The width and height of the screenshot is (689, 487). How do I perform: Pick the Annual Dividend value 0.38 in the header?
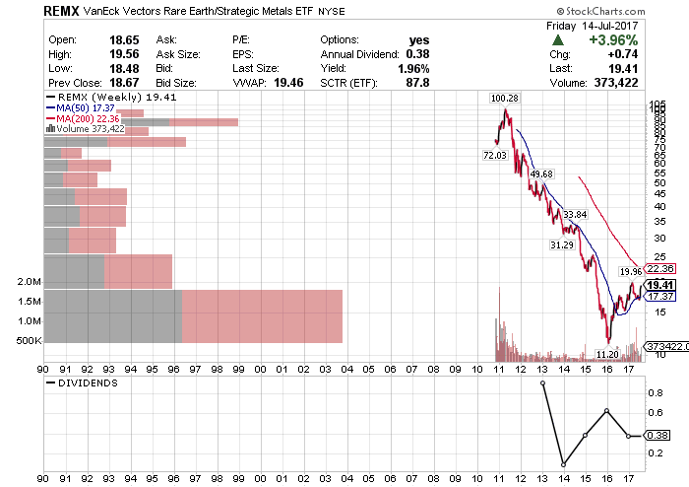pyautogui.click(x=418, y=54)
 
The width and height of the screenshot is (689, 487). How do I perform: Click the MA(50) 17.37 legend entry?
pyautogui.click(x=82, y=108)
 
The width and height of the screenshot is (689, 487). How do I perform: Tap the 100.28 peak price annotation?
pyautogui.click(x=505, y=99)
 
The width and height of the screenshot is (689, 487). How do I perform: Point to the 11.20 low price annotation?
pyautogui.click(x=607, y=352)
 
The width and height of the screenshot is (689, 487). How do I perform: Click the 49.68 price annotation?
pyautogui.click(x=541, y=174)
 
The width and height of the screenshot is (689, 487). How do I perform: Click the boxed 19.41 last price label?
pyautogui.click(x=658, y=284)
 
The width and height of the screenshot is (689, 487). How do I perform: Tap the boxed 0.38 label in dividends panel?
pyautogui.click(x=657, y=435)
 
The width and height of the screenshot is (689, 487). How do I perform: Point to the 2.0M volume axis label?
pyautogui.click(x=29, y=282)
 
